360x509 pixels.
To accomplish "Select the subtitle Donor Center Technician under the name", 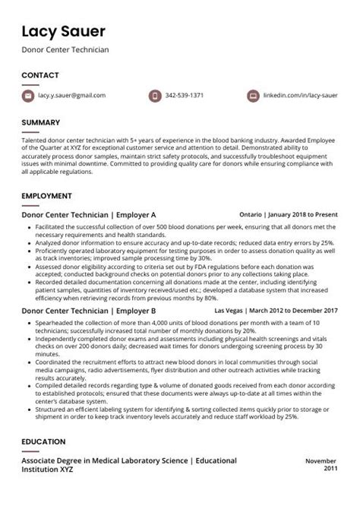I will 65,49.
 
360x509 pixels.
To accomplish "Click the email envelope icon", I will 28,96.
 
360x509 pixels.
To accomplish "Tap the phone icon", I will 154,96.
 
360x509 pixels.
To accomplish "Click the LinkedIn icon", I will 253,96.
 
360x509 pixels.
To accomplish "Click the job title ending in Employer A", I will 88,215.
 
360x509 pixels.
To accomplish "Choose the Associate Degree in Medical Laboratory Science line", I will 129,460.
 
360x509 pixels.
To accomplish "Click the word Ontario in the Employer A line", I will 251,215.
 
